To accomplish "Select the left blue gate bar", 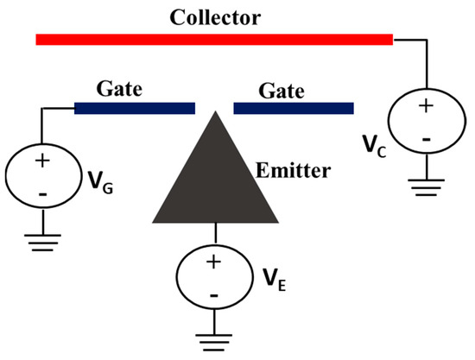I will [134, 108].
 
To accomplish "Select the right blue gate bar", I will [294, 108].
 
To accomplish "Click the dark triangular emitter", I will [213, 181].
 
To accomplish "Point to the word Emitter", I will [293, 171].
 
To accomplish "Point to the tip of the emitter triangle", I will [213, 113].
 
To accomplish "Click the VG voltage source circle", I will [42, 177].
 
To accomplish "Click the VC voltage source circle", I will [425, 122].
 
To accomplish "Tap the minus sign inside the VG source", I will [42, 193].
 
